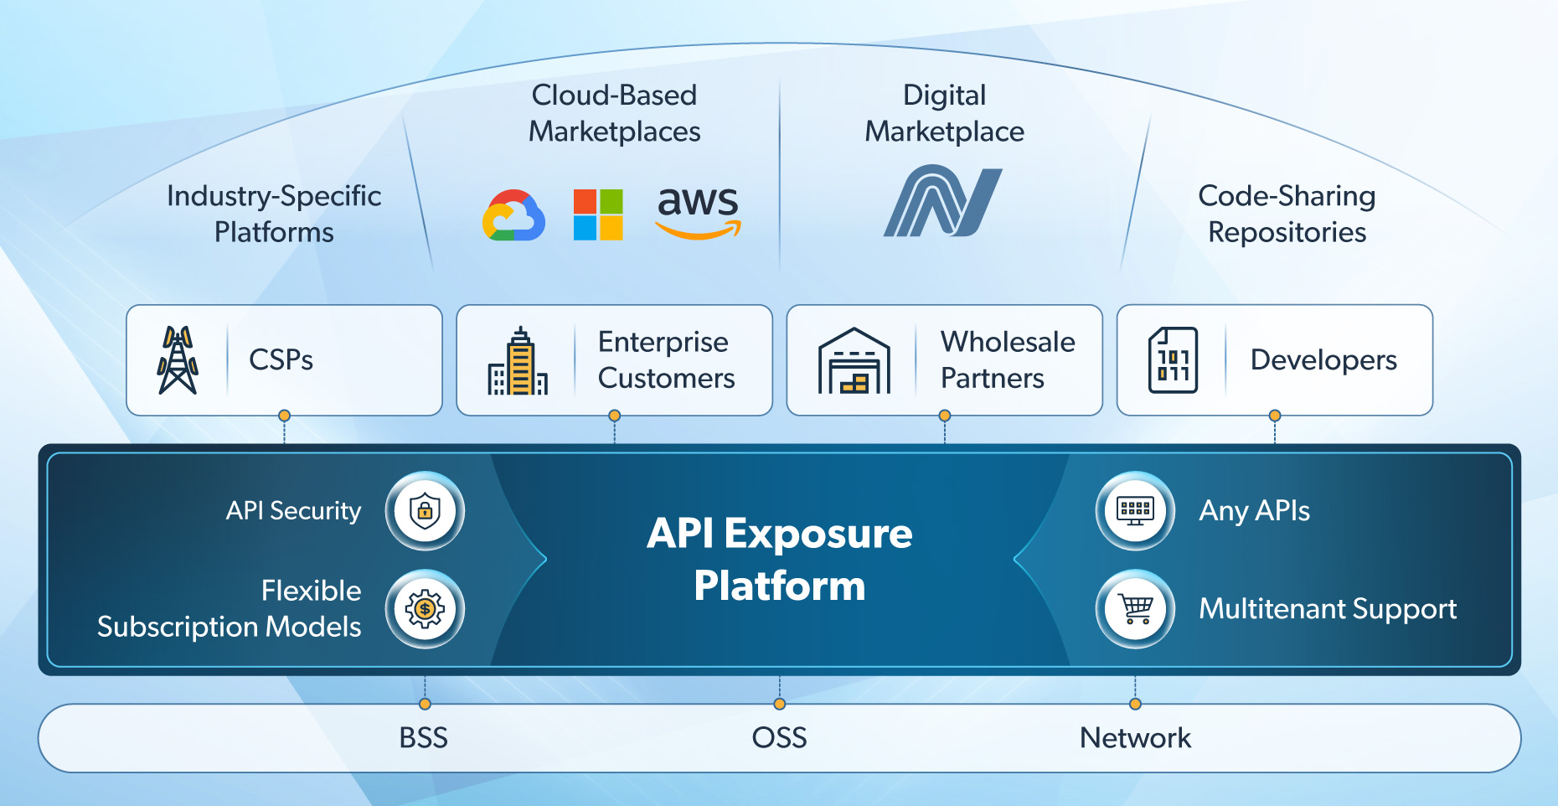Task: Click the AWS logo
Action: click(x=698, y=212)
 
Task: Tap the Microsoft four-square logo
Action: click(x=598, y=214)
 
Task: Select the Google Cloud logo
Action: click(x=513, y=216)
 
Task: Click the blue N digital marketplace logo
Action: click(x=943, y=201)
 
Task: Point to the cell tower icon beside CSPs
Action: click(x=178, y=360)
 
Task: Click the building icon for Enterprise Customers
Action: click(x=518, y=361)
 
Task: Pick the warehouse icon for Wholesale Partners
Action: click(x=854, y=361)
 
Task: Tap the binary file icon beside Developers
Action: click(x=1173, y=360)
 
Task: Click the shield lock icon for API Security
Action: click(x=425, y=510)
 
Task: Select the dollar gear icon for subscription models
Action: click(x=425, y=609)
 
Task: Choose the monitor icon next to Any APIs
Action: click(x=1135, y=510)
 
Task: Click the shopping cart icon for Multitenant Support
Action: click(x=1135, y=609)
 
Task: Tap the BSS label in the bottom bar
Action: click(x=424, y=738)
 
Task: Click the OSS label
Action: click(x=779, y=738)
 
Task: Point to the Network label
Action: click(x=1135, y=738)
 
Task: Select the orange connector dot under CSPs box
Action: click(x=285, y=416)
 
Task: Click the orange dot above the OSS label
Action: click(x=780, y=704)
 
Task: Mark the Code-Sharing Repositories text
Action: click(x=1287, y=214)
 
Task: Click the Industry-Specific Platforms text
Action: click(x=274, y=214)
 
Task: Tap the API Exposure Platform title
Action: click(x=780, y=559)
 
